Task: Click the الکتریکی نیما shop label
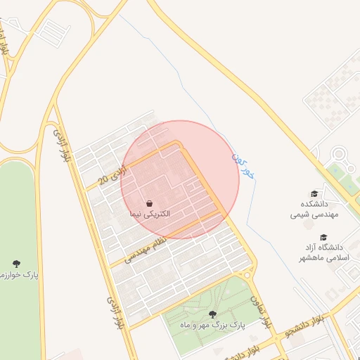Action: (x=149, y=212)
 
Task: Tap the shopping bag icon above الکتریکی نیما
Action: (x=150, y=202)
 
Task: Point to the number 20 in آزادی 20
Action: (x=103, y=180)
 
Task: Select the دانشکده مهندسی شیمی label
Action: (x=314, y=209)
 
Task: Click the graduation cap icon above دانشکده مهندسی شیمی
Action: (x=314, y=193)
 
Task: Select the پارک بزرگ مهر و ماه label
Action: (x=212, y=326)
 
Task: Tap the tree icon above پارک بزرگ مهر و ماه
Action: (x=212, y=314)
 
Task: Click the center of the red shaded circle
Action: (x=180, y=179)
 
